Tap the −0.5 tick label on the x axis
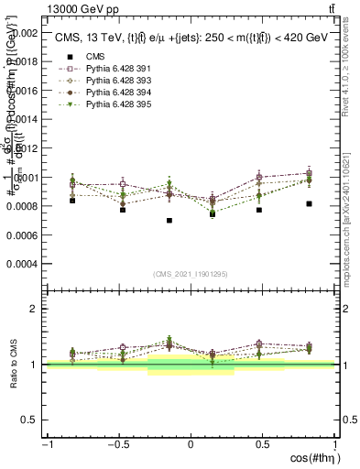(x=117, y=443)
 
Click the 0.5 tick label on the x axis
(x=262, y=443)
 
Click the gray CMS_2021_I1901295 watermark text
(x=191, y=274)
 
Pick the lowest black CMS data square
(x=169, y=221)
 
